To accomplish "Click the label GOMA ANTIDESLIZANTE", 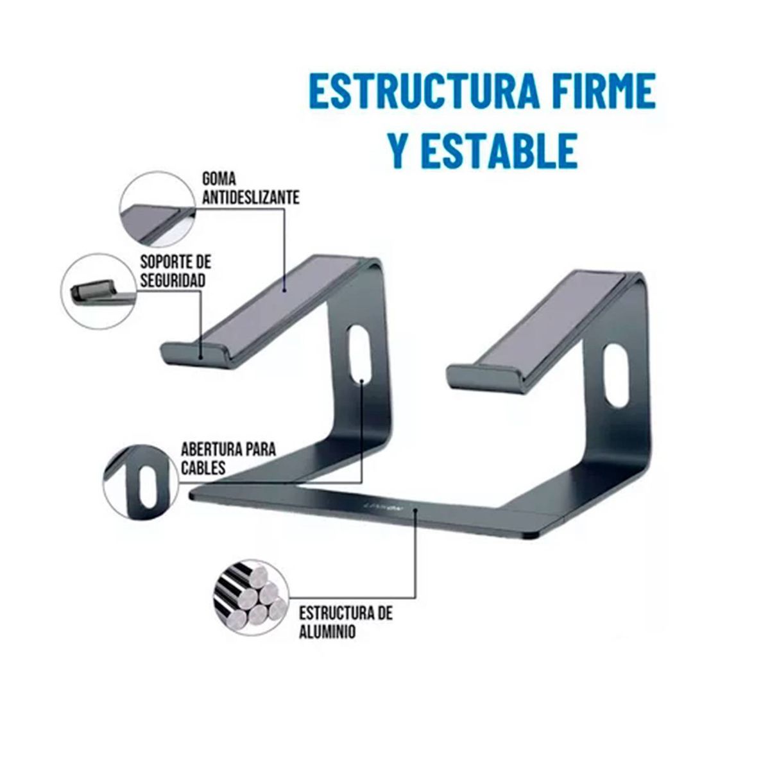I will [x=250, y=188].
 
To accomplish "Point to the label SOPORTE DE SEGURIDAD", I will [x=174, y=271].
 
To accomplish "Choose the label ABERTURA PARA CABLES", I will [x=228, y=458].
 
